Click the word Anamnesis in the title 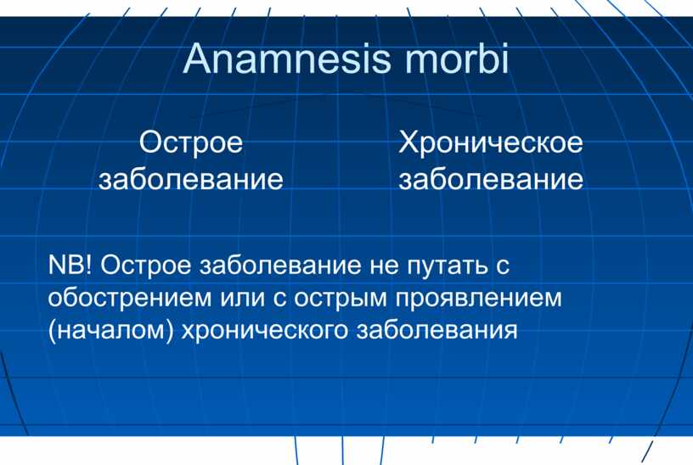(287, 59)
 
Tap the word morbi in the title (457, 58)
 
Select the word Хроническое (491, 143)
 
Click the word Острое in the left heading (191, 143)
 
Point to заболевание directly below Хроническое (491, 178)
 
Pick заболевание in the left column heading (191, 178)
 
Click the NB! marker (70, 265)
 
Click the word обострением (129, 298)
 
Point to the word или (242, 299)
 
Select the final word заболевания (437, 330)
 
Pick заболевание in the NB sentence (279, 266)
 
